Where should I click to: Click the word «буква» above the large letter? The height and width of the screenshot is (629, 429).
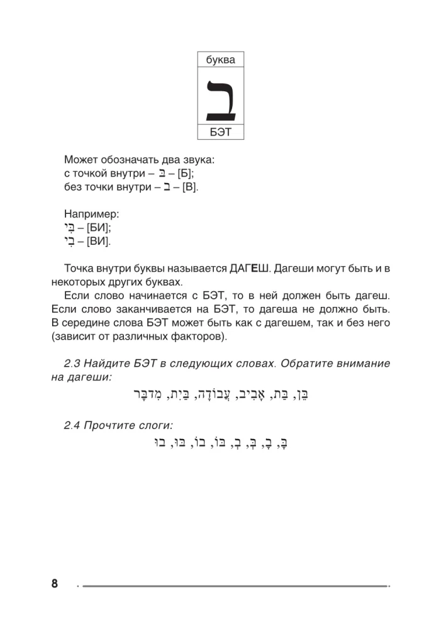pyautogui.click(x=220, y=60)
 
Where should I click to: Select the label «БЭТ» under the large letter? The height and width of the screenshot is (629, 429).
pyautogui.click(x=220, y=133)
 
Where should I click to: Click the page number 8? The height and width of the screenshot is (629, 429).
pyautogui.click(x=55, y=584)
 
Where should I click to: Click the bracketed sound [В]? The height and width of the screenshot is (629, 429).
pyautogui.click(x=189, y=187)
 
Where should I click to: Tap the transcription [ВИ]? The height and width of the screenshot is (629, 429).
pyautogui.click(x=99, y=242)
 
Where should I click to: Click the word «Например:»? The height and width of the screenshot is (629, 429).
pyautogui.click(x=92, y=214)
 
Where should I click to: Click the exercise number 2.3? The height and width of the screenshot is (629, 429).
pyautogui.click(x=74, y=364)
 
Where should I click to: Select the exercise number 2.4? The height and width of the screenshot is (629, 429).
pyautogui.click(x=74, y=425)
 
